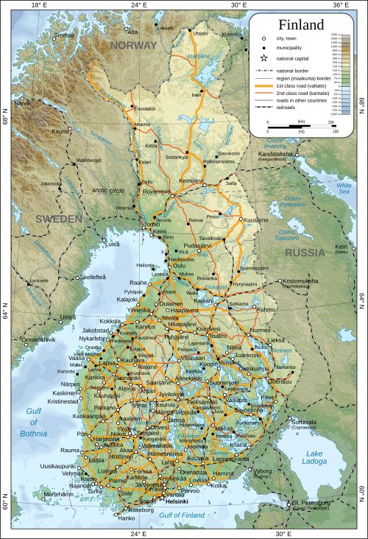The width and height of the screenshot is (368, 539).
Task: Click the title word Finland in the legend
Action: [x=300, y=26]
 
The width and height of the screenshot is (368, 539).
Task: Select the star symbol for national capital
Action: [x=263, y=58]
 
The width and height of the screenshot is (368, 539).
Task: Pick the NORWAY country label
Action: [x=133, y=45]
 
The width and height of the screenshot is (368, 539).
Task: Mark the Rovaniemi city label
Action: [x=158, y=192]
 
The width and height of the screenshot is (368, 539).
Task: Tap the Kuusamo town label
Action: [x=256, y=220]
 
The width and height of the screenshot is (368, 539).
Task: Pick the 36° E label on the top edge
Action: [x=339, y=4]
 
